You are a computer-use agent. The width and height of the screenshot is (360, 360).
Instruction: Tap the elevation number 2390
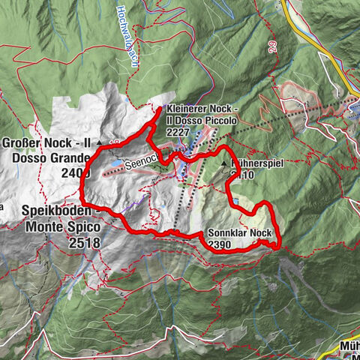click(220, 245)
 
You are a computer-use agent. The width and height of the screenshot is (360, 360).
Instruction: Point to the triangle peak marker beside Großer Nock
click(99, 141)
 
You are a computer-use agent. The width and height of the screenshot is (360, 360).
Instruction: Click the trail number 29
click(270, 47)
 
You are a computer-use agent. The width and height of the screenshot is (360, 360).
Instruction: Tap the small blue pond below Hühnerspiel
click(237, 202)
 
